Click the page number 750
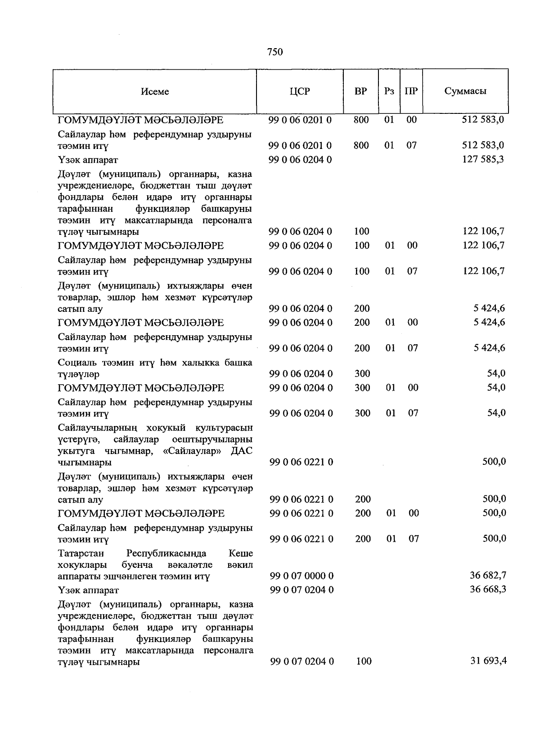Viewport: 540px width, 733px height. (274, 52)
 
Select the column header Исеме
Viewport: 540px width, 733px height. (155, 91)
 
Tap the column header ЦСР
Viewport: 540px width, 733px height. (300, 91)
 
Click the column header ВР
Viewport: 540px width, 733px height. (360, 91)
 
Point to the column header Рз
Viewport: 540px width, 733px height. (389, 91)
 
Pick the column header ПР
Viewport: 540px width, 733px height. (411, 91)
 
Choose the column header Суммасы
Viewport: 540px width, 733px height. (465, 91)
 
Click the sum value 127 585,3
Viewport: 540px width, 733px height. (483, 159)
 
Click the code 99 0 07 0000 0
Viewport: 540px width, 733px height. (301, 576)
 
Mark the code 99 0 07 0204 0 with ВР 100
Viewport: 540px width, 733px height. (301, 661)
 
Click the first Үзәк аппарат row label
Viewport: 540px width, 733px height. (88, 160)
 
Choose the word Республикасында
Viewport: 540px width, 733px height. (166, 553)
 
